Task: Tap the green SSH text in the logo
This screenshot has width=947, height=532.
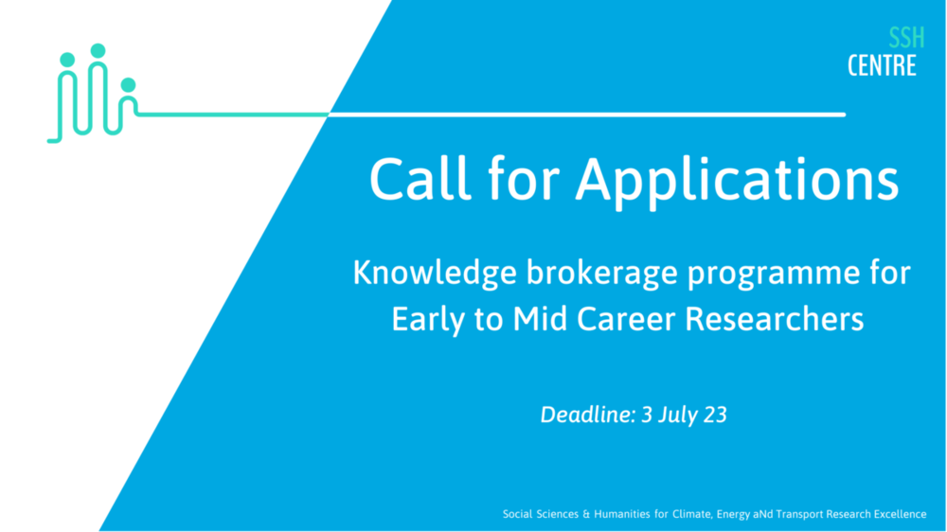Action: pyautogui.click(x=905, y=39)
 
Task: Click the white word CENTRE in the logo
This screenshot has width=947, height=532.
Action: pyautogui.click(x=882, y=65)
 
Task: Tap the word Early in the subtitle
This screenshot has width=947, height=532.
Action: pyautogui.click(x=423, y=320)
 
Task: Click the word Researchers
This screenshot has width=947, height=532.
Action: pyautogui.click(x=775, y=319)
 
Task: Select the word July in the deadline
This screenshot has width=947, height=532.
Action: pyautogui.click(x=676, y=414)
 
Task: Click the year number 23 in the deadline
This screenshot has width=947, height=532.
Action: pyautogui.click(x=715, y=414)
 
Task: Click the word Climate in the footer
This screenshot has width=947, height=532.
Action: pyautogui.click(x=692, y=514)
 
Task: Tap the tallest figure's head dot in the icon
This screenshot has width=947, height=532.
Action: pyautogui.click(x=98, y=50)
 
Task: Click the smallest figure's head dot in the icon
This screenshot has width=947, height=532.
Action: pyautogui.click(x=128, y=85)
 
